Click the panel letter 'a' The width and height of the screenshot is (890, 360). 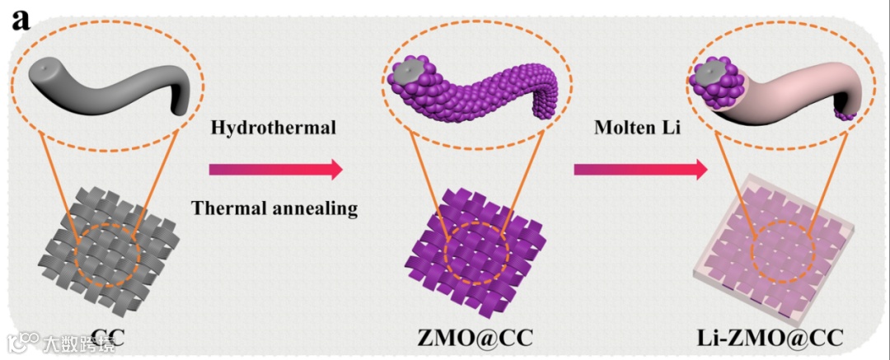tap(21, 20)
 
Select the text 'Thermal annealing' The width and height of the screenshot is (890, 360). tap(274, 208)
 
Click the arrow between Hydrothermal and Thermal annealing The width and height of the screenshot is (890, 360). tap(274, 170)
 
